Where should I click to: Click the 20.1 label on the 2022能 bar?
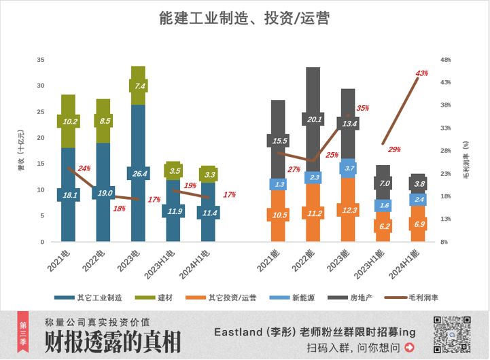313,120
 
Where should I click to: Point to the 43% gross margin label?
421,73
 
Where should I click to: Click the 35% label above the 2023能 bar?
362,108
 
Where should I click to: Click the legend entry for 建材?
158,298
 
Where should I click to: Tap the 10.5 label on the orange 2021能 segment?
279,215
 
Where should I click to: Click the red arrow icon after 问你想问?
409,348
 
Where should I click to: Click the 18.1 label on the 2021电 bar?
68,195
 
